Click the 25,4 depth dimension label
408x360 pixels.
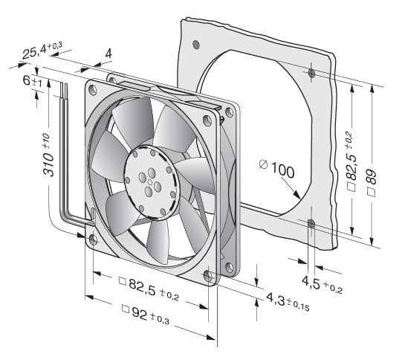pos(42,51)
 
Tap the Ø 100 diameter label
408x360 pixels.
pos(277,170)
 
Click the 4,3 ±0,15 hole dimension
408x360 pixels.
pos(288,302)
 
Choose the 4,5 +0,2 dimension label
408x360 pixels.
pos(322,285)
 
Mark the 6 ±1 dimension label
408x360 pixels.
pos(32,81)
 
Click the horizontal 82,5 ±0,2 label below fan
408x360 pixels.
pos(149,289)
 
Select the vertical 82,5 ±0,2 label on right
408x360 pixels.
pos(351,161)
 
